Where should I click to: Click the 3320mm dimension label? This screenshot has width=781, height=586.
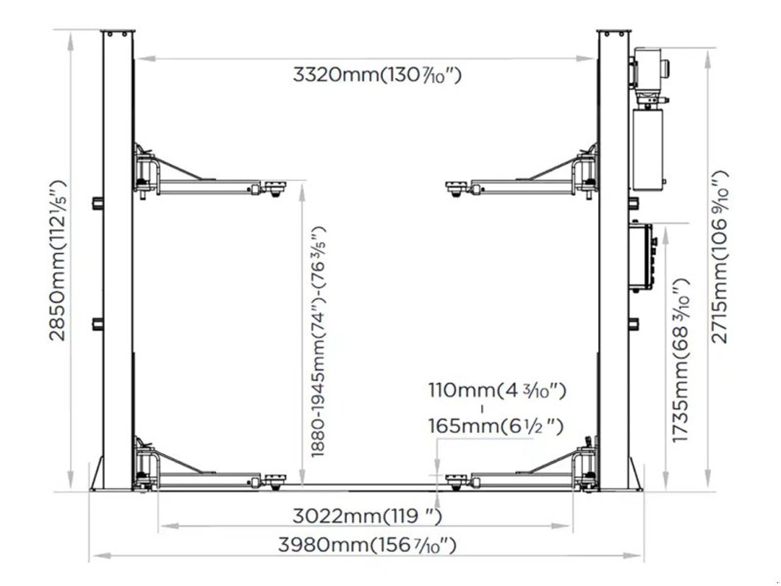[377, 75]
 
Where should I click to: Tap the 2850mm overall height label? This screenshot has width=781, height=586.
[58, 261]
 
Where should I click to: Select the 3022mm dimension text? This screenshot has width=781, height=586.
[367, 517]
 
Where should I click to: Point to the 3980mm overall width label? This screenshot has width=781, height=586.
[367, 545]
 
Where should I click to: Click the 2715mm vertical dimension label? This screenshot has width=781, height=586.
[719, 257]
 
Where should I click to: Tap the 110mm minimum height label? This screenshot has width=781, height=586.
[497, 390]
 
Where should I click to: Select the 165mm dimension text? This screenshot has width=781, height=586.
[495, 426]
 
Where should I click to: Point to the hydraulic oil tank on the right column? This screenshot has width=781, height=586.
[648, 149]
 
